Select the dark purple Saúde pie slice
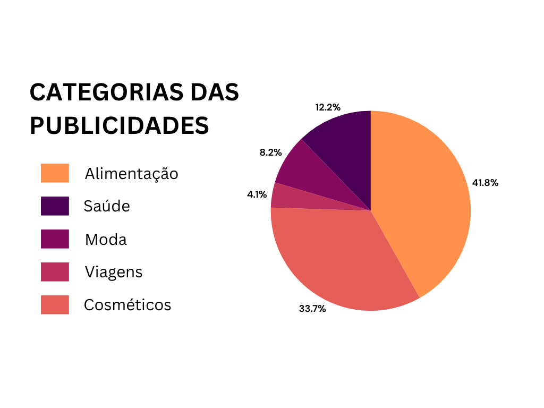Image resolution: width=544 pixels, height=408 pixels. [345, 149]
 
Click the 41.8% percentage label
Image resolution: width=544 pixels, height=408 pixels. [485, 183]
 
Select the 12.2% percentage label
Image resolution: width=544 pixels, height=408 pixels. [328, 107]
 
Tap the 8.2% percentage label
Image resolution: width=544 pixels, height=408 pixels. [270, 152]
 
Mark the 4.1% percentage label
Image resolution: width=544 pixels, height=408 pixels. [257, 194]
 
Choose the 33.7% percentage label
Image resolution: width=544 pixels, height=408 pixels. [312, 308]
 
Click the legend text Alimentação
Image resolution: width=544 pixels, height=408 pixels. [131, 174]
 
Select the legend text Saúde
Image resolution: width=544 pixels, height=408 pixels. [107, 206]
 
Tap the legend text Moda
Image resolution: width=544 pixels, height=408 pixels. [106, 240]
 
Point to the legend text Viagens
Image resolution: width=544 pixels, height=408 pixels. [114, 273]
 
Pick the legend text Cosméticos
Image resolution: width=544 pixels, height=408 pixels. [127, 305]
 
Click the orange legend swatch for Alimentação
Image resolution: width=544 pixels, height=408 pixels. [55, 173]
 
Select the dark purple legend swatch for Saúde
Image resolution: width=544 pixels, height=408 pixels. [55, 206]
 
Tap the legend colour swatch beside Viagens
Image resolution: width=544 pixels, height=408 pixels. [55, 272]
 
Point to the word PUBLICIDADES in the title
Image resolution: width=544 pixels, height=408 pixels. [119, 125]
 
